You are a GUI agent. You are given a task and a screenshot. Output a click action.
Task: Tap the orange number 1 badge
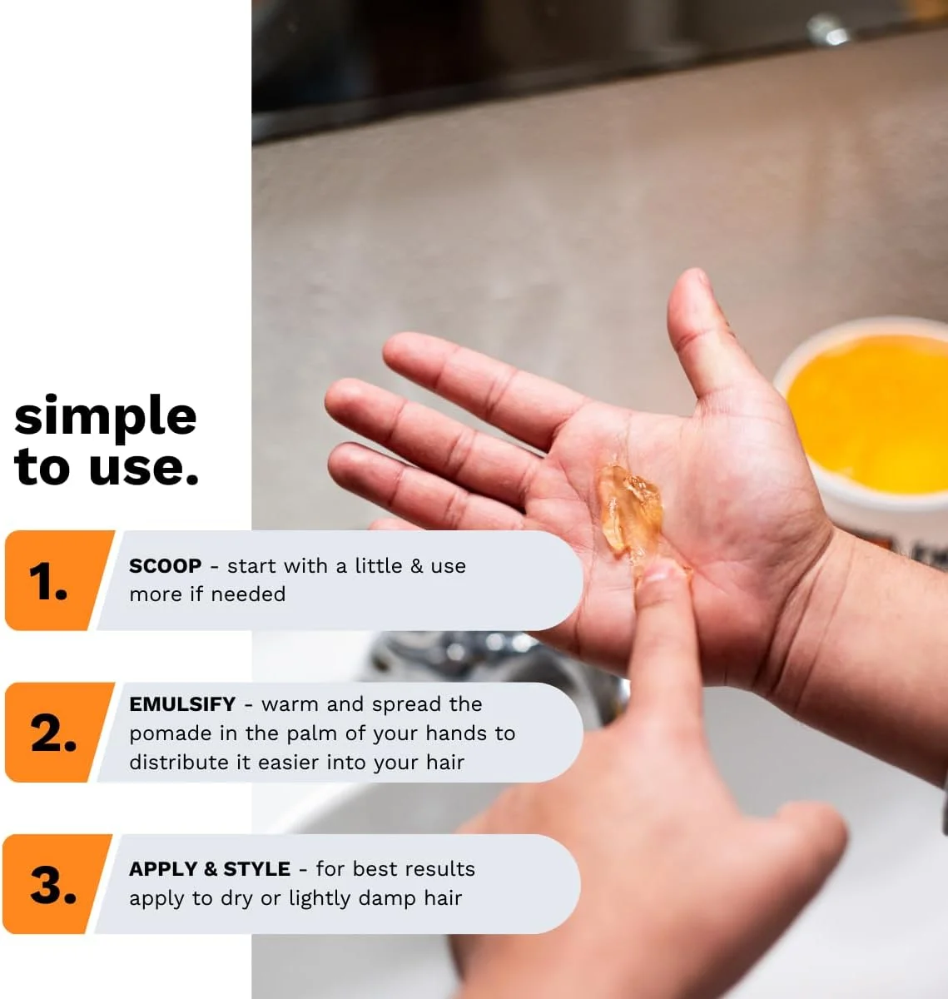(x=58, y=580)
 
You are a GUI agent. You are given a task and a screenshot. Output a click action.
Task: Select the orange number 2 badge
(x=58, y=733)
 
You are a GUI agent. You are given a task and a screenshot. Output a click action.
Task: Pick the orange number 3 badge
(x=57, y=884)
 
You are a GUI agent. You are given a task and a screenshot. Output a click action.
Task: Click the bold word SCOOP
(x=165, y=566)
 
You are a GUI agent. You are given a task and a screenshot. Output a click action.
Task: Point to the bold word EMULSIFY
(x=182, y=704)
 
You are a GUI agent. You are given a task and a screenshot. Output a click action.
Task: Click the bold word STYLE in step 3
(x=256, y=869)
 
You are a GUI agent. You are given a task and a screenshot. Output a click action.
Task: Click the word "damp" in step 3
(x=388, y=899)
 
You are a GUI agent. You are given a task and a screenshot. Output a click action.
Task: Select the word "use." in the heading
(x=143, y=466)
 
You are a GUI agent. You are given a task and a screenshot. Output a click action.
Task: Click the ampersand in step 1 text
(x=417, y=566)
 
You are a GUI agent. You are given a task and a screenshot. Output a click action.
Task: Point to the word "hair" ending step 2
(x=445, y=763)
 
